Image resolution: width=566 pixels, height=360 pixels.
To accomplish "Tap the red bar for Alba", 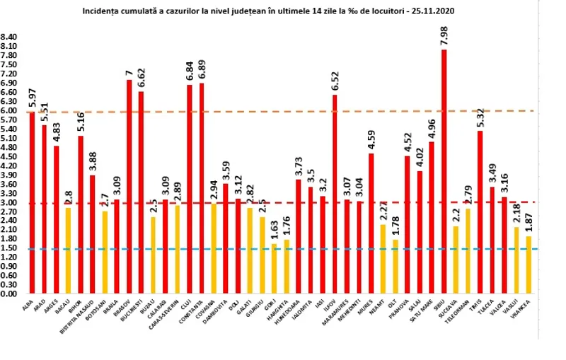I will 32,202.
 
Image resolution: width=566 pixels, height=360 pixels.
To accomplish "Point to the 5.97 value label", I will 32,96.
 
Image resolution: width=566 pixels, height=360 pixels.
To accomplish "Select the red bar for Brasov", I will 129,186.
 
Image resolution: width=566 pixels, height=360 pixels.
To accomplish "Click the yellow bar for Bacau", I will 68,250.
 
